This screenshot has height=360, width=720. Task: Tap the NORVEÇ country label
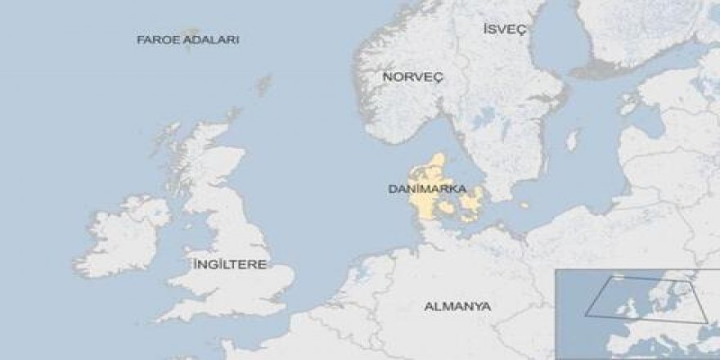[x=412, y=76]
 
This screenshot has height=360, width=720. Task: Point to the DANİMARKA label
[x=421, y=189]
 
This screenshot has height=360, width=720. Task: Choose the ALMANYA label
[x=457, y=307]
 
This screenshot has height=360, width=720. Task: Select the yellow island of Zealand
[x=472, y=201]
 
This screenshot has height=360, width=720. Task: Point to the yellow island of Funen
[x=447, y=211]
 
